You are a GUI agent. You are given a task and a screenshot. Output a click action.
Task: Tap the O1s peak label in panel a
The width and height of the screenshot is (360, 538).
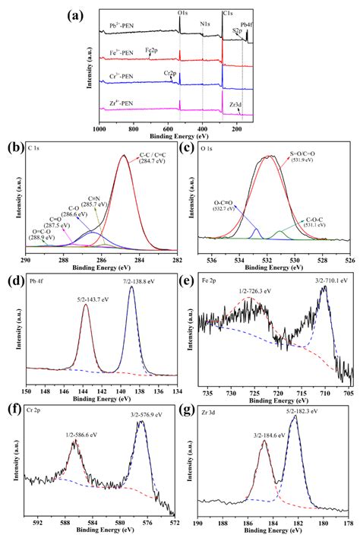(x=183, y=14)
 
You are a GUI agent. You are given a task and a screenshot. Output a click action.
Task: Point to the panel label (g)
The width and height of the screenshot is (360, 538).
(x=203, y=407)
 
